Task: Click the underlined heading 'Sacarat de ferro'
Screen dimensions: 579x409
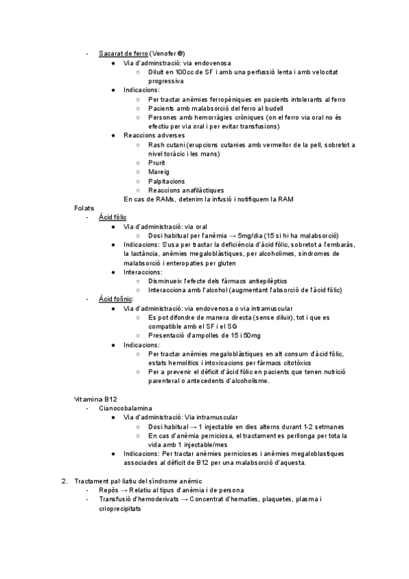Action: [x=123, y=53]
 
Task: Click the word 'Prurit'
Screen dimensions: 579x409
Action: [x=156, y=163]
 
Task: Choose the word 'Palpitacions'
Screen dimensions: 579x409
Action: [x=166, y=181]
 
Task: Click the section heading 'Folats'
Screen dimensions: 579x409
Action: [x=84, y=208]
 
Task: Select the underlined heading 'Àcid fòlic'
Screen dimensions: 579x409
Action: [x=112, y=217]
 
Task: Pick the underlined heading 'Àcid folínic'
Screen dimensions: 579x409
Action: [x=116, y=299]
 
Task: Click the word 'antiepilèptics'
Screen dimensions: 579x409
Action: [x=258, y=281]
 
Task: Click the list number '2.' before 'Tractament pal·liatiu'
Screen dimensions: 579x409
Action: [x=65, y=481]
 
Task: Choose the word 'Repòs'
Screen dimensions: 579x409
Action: [x=109, y=490]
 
